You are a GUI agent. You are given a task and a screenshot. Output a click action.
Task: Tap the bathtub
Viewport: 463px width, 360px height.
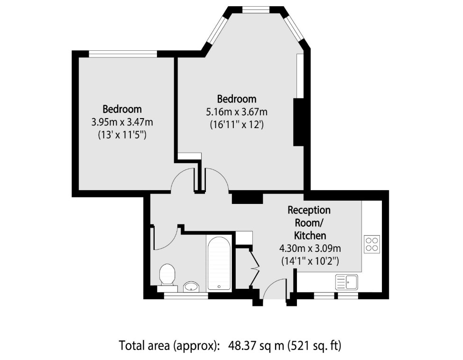pos(219,263)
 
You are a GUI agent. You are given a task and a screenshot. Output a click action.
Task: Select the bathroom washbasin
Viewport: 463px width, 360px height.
pos(191,286)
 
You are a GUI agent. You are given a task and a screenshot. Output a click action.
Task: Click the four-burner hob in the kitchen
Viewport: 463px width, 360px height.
pos(371,244)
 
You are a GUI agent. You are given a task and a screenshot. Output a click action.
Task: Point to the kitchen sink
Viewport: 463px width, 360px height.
pos(347,282)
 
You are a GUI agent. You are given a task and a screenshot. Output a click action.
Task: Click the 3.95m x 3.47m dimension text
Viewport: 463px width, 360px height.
pos(122,122)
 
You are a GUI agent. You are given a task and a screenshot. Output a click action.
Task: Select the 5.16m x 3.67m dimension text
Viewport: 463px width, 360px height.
pos(236,112)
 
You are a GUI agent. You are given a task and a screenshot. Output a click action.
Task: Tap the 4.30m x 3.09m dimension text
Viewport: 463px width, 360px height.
pos(310,248)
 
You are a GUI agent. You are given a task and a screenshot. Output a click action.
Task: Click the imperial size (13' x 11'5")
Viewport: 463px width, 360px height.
pos(122,135)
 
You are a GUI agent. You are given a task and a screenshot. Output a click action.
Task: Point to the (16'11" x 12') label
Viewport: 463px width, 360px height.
pos(236,125)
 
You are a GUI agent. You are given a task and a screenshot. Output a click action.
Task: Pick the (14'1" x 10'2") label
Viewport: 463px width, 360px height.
pos(310,260)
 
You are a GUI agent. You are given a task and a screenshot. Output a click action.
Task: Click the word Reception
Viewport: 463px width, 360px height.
pos(309,210)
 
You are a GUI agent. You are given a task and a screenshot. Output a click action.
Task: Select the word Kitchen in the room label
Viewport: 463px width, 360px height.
pos(310,235)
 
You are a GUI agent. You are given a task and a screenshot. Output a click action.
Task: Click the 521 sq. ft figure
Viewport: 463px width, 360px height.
pos(314,345)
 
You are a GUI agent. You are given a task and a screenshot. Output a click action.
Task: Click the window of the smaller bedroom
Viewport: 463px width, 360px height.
pos(123,54)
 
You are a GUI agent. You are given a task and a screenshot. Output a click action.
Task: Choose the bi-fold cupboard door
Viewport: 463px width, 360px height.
pos(254,268)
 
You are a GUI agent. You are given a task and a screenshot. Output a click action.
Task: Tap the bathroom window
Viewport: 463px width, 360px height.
pos(185,296)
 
